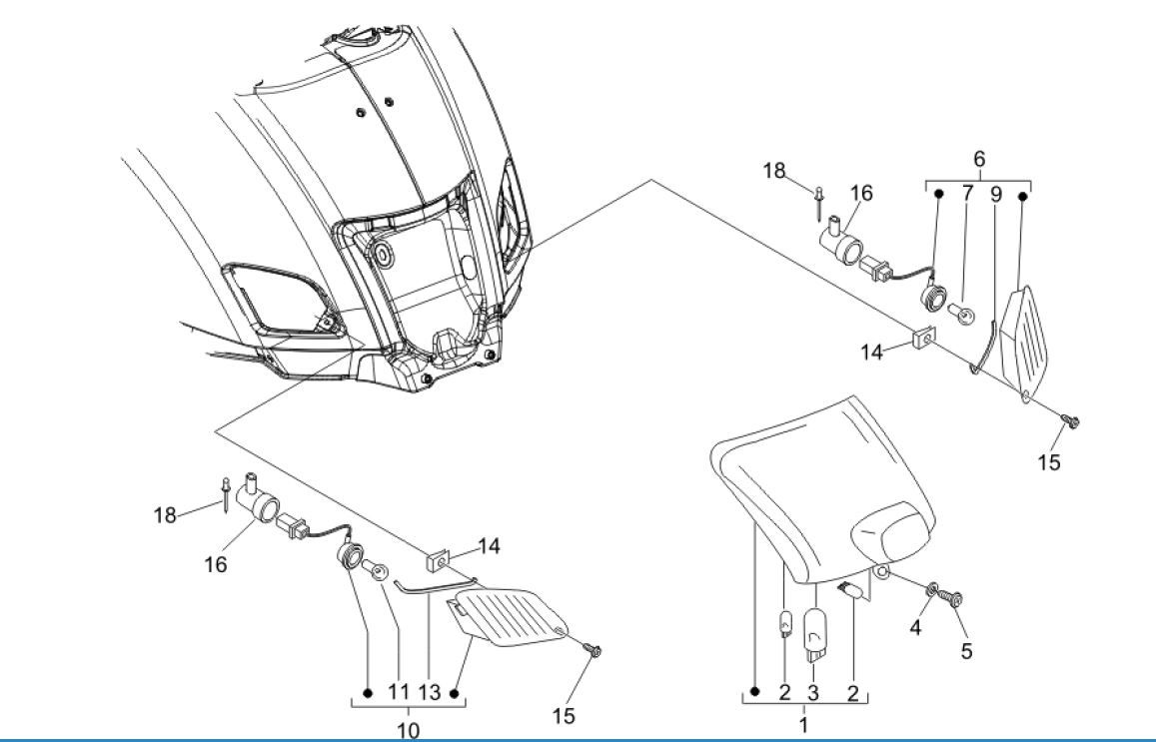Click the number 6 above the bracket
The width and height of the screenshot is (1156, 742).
coord(978,159)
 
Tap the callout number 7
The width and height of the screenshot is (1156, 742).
coord(966,194)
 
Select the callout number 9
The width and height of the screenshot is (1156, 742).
coord(995,194)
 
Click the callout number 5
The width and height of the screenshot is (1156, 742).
coord(966,650)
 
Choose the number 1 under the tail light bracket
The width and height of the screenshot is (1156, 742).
coord(803,725)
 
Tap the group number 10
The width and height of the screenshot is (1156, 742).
coord(409,730)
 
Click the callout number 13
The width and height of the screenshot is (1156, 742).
coord(429,691)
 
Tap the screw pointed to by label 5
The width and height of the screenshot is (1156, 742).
coord(955,599)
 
